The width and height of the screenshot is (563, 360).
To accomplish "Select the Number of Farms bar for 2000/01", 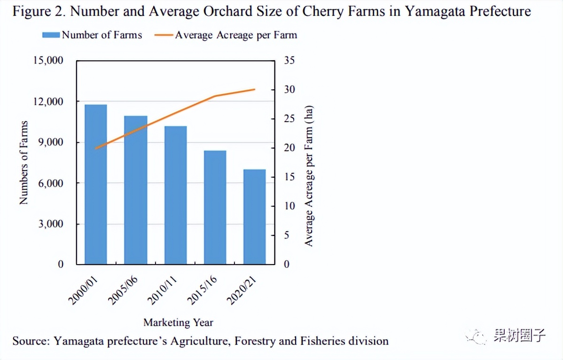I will (x=96, y=184).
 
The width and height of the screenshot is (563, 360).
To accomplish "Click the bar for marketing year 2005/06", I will (x=136, y=190).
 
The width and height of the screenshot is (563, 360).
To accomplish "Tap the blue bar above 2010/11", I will (x=176, y=195).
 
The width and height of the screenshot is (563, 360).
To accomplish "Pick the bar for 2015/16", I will (x=215, y=207).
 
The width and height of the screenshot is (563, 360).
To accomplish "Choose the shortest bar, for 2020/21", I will (x=255, y=217).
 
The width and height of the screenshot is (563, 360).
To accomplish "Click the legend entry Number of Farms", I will (x=92, y=35).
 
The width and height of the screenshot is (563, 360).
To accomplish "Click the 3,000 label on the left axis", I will (x=50, y=224).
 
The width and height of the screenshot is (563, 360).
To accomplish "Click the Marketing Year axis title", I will (x=178, y=322).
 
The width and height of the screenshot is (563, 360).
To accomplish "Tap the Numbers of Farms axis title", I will (x=23, y=163).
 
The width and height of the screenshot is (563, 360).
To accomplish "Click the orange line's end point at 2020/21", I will (x=255, y=89).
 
